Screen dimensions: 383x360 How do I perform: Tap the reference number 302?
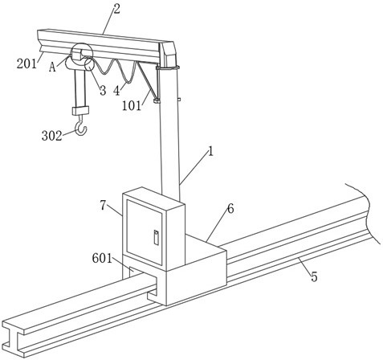click(x=51, y=136)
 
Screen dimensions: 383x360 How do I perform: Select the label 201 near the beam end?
click(x=26, y=64)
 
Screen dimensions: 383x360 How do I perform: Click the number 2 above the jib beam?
click(x=116, y=9)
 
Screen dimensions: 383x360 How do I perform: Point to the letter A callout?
click(x=52, y=67)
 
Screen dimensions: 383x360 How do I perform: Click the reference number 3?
click(x=103, y=91)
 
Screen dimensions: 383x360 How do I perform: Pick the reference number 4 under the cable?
click(x=116, y=91)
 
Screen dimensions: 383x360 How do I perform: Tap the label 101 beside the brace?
click(x=132, y=106)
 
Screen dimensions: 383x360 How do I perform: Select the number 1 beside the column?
click(x=211, y=152)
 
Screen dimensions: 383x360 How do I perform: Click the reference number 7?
click(x=104, y=206)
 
